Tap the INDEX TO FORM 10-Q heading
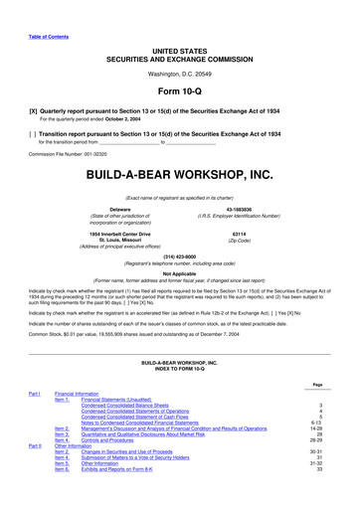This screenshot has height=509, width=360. (x=179, y=371)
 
